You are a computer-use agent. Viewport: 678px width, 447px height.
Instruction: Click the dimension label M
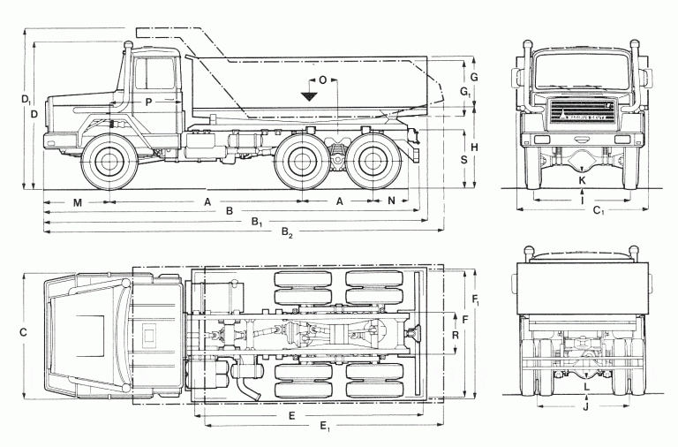78,202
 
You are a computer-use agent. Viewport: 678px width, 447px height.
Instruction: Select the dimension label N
392,201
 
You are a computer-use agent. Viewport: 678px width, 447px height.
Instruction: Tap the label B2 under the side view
287,233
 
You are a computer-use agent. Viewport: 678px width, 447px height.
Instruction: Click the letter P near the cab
149,102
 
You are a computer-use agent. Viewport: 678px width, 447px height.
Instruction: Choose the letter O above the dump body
322,80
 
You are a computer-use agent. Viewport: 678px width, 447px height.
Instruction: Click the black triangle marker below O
309,95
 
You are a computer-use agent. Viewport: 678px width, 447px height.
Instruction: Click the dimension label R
454,336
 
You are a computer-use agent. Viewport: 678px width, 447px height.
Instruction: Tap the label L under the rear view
587,388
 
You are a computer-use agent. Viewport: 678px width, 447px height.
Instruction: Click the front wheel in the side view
109,163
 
